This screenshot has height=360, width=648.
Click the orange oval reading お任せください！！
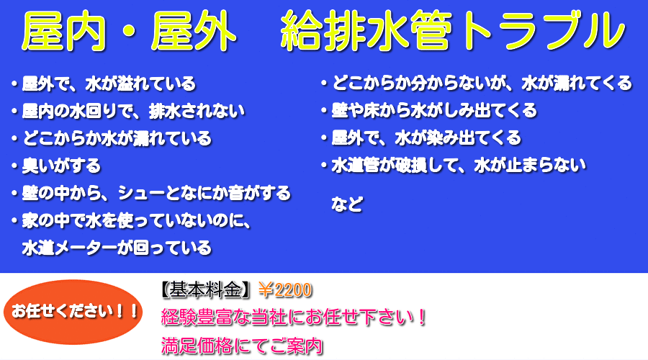coord(73,312)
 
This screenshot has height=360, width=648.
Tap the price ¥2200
coord(284,290)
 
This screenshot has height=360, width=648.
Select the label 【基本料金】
coord(205,290)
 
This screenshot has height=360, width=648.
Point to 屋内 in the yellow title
coord(63,31)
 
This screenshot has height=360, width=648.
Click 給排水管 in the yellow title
coord(366,31)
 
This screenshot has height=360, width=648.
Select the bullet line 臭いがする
coord(57,166)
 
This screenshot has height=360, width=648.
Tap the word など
coord(347,204)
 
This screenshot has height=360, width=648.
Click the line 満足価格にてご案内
coord(242,346)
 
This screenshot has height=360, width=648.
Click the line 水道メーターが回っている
coord(117,248)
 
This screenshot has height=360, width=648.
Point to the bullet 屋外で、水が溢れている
coord(104,84)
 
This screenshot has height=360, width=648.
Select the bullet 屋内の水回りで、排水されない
coord(128,111)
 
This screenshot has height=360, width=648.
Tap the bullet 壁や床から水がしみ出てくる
coord(429,110)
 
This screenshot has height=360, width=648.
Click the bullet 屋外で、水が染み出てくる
coord(421,138)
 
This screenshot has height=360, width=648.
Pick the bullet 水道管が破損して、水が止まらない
coord(454,166)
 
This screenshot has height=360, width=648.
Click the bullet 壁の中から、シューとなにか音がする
coord(151,193)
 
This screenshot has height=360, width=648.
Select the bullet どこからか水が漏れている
coord(112,138)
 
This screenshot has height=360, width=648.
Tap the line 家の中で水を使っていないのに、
coord(132,221)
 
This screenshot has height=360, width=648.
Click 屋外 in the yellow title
coord(194,31)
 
